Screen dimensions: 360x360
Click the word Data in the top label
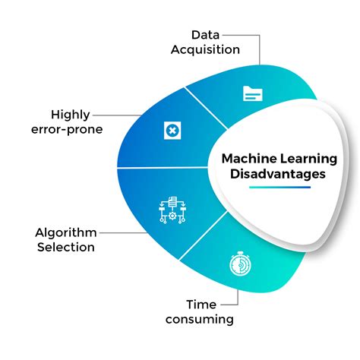click(205, 35)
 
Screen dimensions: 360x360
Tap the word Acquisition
click(205, 49)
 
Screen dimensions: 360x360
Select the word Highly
click(71, 115)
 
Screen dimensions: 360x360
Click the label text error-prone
click(67, 130)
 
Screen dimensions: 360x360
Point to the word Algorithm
click(66, 233)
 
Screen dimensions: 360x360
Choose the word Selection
click(66, 247)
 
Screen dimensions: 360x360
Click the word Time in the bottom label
click(201, 305)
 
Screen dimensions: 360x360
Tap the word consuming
click(200, 320)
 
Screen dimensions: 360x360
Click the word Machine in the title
click(249, 159)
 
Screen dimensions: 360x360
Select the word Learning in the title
click(308, 159)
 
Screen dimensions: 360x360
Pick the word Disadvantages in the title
click(278, 174)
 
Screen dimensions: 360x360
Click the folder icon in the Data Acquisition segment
click(252, 93)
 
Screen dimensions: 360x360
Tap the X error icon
click(172, 131)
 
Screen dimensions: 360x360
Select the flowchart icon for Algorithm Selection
click(172, 210)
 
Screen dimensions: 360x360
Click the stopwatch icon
click(240, 264)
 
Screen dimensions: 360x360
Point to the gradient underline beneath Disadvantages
click(279, 188)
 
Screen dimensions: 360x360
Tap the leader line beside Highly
click(117, 115)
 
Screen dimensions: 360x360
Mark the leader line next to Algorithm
click(124, 233)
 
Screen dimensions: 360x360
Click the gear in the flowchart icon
click(172, 216)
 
